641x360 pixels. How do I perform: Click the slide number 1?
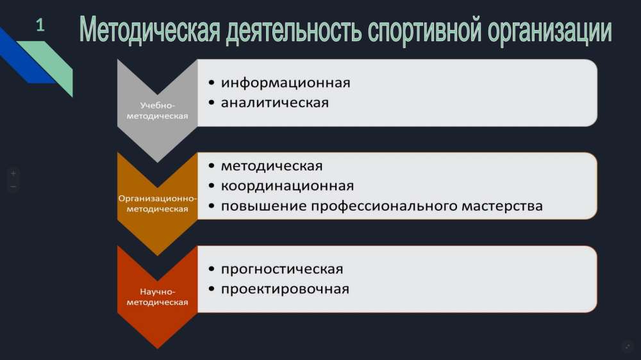point(40,26)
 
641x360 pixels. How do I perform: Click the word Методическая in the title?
point(149,30)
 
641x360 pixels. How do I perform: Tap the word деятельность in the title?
point(294,31)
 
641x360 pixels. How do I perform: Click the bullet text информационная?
point(286,83)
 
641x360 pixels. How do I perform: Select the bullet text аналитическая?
point(275,102)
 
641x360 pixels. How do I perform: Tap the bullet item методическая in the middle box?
point(272,167)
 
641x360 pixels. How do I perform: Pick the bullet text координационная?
point(287,186)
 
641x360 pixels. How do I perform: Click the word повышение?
point(263,206)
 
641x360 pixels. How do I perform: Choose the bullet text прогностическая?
point(282,270)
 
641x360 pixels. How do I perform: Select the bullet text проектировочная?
point(285,290)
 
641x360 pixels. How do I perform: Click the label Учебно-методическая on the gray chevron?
point(158,111)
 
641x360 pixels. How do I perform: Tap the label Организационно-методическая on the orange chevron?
point(158,204)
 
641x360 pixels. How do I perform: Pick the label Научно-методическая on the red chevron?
point(158,297)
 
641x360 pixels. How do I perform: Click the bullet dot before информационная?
point(212,83)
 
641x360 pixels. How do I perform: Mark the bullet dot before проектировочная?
point(212,290)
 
